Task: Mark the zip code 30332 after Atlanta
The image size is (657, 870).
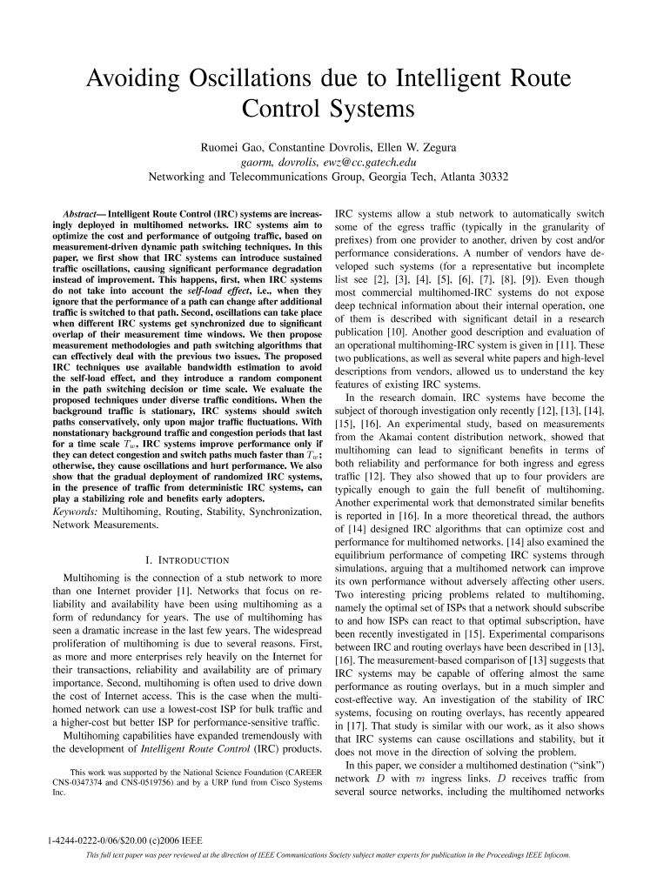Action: pyautogui.click(x=491, y=176)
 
